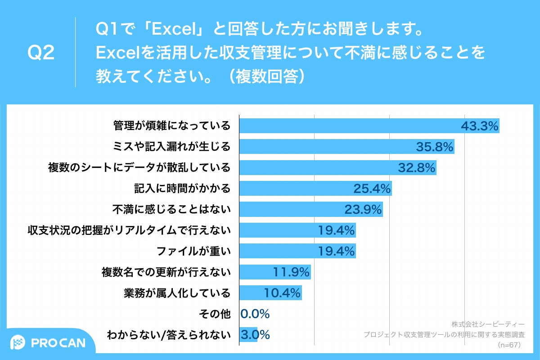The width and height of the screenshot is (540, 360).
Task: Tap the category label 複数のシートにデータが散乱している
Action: pos(139,168)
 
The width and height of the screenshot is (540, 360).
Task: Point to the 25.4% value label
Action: pos(372,189)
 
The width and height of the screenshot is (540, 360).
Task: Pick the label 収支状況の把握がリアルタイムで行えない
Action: pos(129,230)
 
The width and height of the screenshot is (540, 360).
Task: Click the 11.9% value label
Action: pos(291,272)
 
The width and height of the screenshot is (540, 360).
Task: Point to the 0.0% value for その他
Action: pos(255,314)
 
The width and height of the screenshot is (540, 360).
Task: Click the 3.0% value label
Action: pos(255,335)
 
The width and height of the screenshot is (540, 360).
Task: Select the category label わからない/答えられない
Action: pos(168,335)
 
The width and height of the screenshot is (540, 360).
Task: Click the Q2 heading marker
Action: pos(41,53)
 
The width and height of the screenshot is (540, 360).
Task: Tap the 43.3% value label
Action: pos(480,126)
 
